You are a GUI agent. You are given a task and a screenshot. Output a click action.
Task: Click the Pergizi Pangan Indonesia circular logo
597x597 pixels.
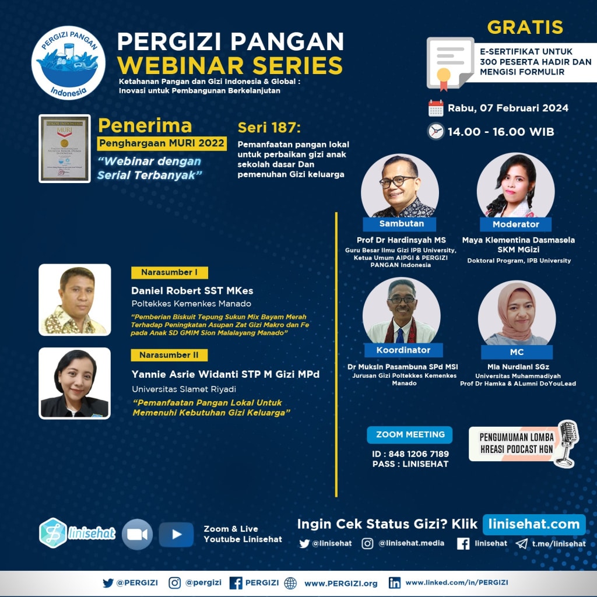(x=68, y=63)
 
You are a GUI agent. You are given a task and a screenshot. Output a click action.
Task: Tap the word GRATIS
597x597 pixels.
(x=525, y=27)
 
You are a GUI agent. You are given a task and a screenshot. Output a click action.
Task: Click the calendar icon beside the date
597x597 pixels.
(x=436, y=108)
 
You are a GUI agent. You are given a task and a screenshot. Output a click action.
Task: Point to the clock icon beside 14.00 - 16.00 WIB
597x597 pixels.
(x=436, y=131)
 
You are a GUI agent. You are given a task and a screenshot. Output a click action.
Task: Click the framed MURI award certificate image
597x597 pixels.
(x=65, y=148)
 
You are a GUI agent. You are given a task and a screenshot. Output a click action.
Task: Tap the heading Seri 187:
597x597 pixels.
(x=269, y=128)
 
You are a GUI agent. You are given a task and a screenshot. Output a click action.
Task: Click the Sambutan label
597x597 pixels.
(x=401, y=224)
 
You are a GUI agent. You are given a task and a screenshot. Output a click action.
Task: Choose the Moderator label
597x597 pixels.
(x=515, y=224)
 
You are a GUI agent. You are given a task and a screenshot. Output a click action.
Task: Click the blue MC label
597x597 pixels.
(x=516, y=352)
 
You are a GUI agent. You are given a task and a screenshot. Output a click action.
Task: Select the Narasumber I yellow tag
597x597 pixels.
(x=170, y=272)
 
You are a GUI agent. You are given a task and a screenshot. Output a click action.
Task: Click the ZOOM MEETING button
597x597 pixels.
(x=410, y=434)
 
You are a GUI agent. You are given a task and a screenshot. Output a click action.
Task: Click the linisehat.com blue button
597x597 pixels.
(x=533, y=524)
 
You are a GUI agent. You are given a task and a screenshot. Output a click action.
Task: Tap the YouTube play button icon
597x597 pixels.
(x=176, y=534)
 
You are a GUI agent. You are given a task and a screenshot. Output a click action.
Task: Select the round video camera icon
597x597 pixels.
(x=137, y=534)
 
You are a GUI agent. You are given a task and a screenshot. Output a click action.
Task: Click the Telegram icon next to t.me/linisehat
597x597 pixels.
(x=521, y=543)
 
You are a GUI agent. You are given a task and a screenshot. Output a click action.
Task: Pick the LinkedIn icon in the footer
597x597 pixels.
(x=395, y=582)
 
